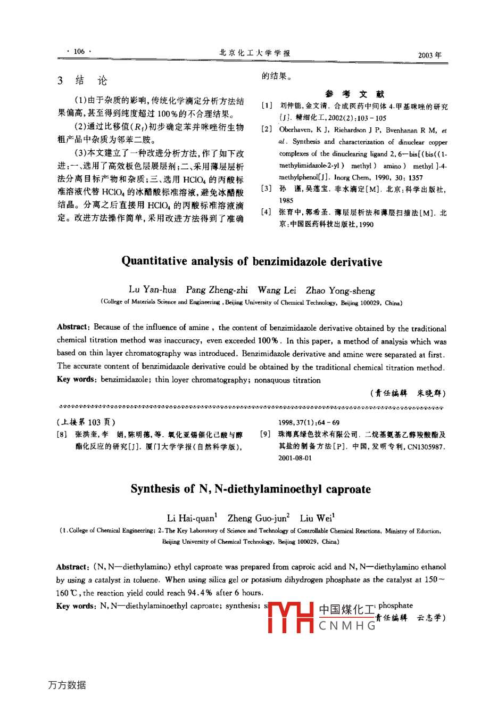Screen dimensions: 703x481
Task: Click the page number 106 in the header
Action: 79,52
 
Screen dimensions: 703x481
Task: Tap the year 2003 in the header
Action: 430,54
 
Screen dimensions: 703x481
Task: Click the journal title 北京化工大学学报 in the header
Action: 255,53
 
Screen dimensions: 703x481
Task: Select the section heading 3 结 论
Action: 82,80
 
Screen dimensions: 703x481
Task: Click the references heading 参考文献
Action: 355,94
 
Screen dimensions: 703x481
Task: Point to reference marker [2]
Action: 267,129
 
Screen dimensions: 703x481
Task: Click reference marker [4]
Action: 267,212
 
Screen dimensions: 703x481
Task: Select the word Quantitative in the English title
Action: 155,261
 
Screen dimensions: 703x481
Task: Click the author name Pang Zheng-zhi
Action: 217,290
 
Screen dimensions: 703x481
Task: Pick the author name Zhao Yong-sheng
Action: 340,290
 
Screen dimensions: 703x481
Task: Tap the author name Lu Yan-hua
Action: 153,290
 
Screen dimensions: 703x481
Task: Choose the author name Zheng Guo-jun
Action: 258,518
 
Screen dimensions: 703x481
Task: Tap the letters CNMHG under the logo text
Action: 347,625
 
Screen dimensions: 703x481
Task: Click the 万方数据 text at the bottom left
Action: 67,685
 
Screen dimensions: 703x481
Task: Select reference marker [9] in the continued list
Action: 266,435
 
